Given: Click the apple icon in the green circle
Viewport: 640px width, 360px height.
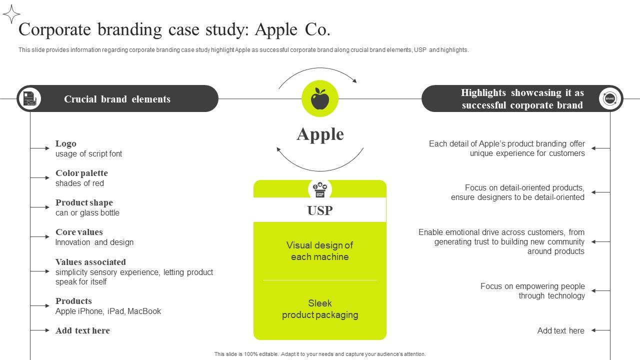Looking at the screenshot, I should (x=320, y=98).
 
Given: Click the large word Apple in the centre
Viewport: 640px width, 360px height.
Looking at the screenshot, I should (x=320, y=134).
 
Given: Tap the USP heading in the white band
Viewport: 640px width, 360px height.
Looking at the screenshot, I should (x=320, y=210).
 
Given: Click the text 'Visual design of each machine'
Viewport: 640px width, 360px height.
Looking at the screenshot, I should (x=320, y=251).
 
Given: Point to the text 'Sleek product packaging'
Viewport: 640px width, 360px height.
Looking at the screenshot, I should (x=320, y=309).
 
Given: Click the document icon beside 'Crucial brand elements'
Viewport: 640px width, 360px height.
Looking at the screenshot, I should (x=29, y=98).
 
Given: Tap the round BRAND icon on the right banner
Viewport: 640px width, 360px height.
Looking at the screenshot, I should (x=609, y=98).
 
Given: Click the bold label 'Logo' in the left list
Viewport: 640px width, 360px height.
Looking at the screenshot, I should (x=66, y=143).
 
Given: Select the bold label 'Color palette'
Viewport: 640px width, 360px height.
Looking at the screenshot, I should (x=81, y=173).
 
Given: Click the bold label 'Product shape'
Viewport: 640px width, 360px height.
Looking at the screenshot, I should (x=84, y=202).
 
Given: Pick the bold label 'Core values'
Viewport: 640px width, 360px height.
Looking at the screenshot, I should (x=79, y=232).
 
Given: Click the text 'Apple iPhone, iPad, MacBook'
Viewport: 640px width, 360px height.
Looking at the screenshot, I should (x=108, y=311).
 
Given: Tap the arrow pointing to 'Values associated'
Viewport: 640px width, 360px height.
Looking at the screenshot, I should (x=40, y=271).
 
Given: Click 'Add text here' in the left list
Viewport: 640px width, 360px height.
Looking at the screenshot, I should (x=82, y=330).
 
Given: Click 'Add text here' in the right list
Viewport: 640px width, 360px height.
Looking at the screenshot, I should (x=560, y=330).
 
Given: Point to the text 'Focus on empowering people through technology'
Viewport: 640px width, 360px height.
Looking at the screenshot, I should (x=532, y=291).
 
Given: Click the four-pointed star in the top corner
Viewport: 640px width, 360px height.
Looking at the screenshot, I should (x=11, y=14).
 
